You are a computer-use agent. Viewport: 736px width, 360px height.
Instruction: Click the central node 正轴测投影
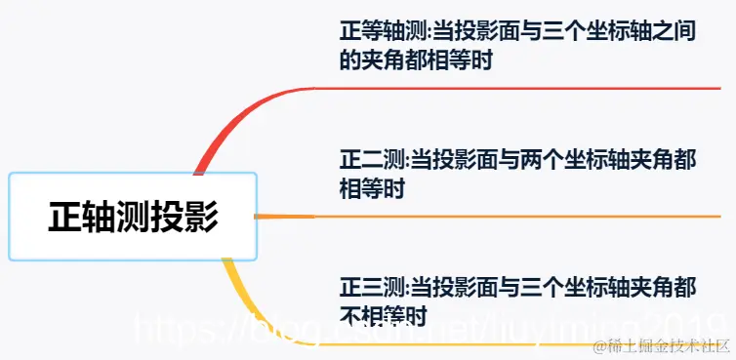point(133,216)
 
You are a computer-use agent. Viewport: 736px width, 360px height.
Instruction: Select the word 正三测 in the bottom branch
point(363,287)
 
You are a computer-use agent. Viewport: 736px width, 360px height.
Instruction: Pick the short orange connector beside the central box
point(283,216)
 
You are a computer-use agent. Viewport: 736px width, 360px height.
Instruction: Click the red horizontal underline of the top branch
point(527,89)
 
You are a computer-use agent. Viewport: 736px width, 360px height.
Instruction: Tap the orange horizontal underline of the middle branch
point(527,216)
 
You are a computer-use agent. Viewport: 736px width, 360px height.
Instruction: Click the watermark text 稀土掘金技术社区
point(665,344)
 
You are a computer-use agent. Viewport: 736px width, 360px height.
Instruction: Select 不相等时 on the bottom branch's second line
point(384,315)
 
